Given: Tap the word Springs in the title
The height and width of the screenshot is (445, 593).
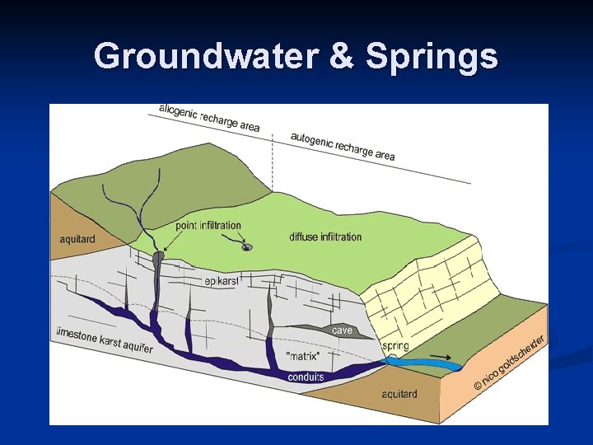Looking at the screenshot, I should point(432,57).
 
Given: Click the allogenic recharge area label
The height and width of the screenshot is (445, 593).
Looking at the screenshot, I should point(209,119).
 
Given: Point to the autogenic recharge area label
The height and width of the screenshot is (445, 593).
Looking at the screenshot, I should point(342,146).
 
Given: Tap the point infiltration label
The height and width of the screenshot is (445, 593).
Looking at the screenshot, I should point(208,225).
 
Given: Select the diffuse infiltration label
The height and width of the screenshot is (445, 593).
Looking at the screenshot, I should point(325,237).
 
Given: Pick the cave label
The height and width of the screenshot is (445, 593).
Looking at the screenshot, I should point(342,330).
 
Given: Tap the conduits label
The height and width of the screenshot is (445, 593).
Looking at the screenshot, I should point(306,377).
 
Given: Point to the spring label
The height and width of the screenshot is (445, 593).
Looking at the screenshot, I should point(395,346).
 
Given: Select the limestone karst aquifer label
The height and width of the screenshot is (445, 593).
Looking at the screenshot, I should point(104,341).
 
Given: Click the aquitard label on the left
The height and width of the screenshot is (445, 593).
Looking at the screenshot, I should point(77,239).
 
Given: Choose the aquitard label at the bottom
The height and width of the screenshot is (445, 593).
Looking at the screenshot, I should point(399,394).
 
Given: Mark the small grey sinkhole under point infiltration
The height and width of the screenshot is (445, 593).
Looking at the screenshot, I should point(247,246).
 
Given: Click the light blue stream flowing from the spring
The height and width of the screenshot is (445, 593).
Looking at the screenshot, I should point(420,363).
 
